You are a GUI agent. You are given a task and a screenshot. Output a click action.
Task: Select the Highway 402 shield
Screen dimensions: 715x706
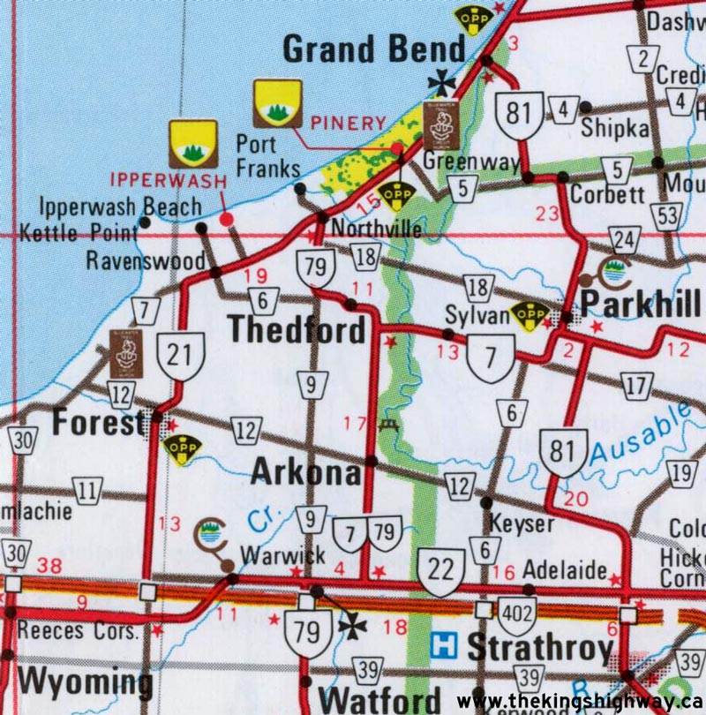point(517,612)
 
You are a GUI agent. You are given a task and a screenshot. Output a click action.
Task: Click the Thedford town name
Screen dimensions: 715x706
point(296,329)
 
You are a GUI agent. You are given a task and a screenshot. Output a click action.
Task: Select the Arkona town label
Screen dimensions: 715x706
point(305,472)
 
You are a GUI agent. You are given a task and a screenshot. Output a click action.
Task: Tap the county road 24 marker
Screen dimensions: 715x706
point(625,240)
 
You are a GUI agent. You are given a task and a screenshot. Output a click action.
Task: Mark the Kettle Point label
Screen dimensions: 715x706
point(79,233)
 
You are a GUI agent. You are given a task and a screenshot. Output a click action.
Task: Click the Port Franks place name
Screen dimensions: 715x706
point(268,154)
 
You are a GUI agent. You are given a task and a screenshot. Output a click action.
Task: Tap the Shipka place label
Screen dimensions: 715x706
point(614,129)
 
